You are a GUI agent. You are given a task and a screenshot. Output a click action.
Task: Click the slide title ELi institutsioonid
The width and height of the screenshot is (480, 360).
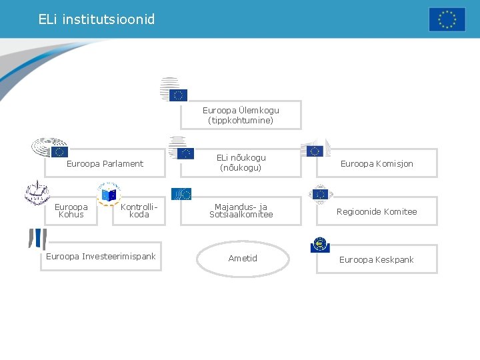97,19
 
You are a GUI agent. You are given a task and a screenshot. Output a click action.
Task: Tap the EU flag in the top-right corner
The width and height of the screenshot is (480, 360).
447,19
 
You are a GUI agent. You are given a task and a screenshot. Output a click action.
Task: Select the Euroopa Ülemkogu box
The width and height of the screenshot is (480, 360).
241,115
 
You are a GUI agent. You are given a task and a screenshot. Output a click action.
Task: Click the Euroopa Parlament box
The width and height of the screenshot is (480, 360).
105,163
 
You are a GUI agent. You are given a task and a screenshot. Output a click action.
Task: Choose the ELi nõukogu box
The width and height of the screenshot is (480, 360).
241,163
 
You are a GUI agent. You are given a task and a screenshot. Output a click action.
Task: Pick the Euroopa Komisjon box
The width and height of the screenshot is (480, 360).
377,163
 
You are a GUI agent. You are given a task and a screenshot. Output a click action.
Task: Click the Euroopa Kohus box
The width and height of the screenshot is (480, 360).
71,211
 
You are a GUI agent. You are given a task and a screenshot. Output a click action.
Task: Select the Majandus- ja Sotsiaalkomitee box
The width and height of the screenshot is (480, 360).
241,211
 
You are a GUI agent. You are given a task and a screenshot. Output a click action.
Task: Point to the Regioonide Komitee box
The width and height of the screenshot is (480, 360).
377,211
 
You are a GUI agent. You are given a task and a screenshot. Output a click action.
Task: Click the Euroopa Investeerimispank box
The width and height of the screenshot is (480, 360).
101,257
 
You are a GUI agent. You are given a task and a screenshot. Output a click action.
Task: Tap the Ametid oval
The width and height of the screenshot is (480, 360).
243,258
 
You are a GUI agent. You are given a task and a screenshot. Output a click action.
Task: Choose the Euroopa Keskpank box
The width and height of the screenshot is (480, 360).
377,259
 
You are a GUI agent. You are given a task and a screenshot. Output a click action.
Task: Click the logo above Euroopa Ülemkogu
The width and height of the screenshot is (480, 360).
173,90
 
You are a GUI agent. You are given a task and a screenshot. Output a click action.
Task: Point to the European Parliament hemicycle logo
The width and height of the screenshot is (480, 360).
51,147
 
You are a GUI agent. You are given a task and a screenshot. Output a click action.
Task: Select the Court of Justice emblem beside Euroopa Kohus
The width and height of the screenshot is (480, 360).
37,193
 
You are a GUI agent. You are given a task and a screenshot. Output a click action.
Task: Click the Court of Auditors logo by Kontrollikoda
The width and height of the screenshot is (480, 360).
108,193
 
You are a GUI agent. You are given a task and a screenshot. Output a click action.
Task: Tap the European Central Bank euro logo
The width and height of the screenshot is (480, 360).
320,245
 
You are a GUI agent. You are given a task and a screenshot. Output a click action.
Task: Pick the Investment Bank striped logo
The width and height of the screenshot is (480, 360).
37,238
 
